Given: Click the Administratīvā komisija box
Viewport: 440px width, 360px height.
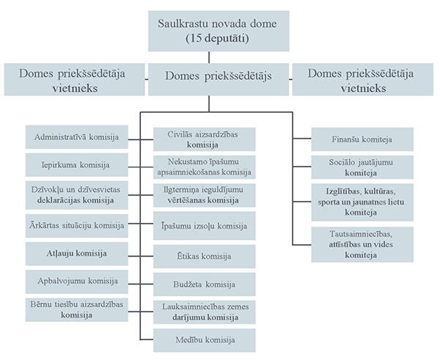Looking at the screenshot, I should point(77,136).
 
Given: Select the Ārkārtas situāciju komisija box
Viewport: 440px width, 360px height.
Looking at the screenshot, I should point(77,224).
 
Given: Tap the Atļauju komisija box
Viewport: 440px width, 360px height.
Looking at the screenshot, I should point(77,253).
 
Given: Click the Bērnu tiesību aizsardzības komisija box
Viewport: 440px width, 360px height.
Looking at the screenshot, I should point(77,309).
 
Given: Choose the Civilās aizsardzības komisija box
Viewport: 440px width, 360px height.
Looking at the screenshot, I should point(204,139).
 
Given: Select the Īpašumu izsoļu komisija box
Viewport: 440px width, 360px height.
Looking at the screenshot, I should point(204,226).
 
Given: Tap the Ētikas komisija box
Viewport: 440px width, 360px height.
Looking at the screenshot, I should point(204,256).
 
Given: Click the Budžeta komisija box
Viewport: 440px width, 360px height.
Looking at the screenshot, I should point(204,283).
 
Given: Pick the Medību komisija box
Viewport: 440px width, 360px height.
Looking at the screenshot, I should point(204,340).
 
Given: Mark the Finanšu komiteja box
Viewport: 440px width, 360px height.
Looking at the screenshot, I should point(352,138).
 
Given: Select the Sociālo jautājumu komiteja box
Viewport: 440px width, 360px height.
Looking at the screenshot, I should point(352,166).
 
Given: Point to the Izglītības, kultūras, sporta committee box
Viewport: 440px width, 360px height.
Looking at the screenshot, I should point(352,202).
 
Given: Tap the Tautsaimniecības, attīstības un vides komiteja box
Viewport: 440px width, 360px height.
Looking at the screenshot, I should point(352,244).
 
